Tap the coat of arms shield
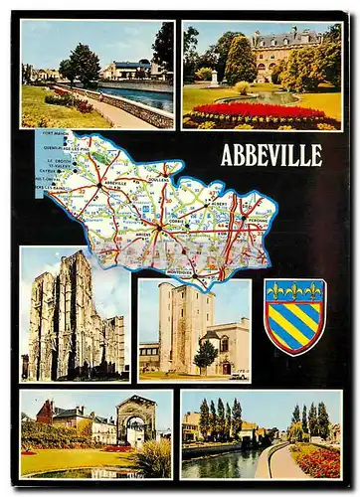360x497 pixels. [x=294, y=316]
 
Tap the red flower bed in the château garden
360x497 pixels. [x=257, y=110]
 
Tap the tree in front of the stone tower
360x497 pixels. [x=206, y=354]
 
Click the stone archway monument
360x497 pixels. [x=136, y=421]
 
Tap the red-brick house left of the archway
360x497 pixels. [x=45, y=413]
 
